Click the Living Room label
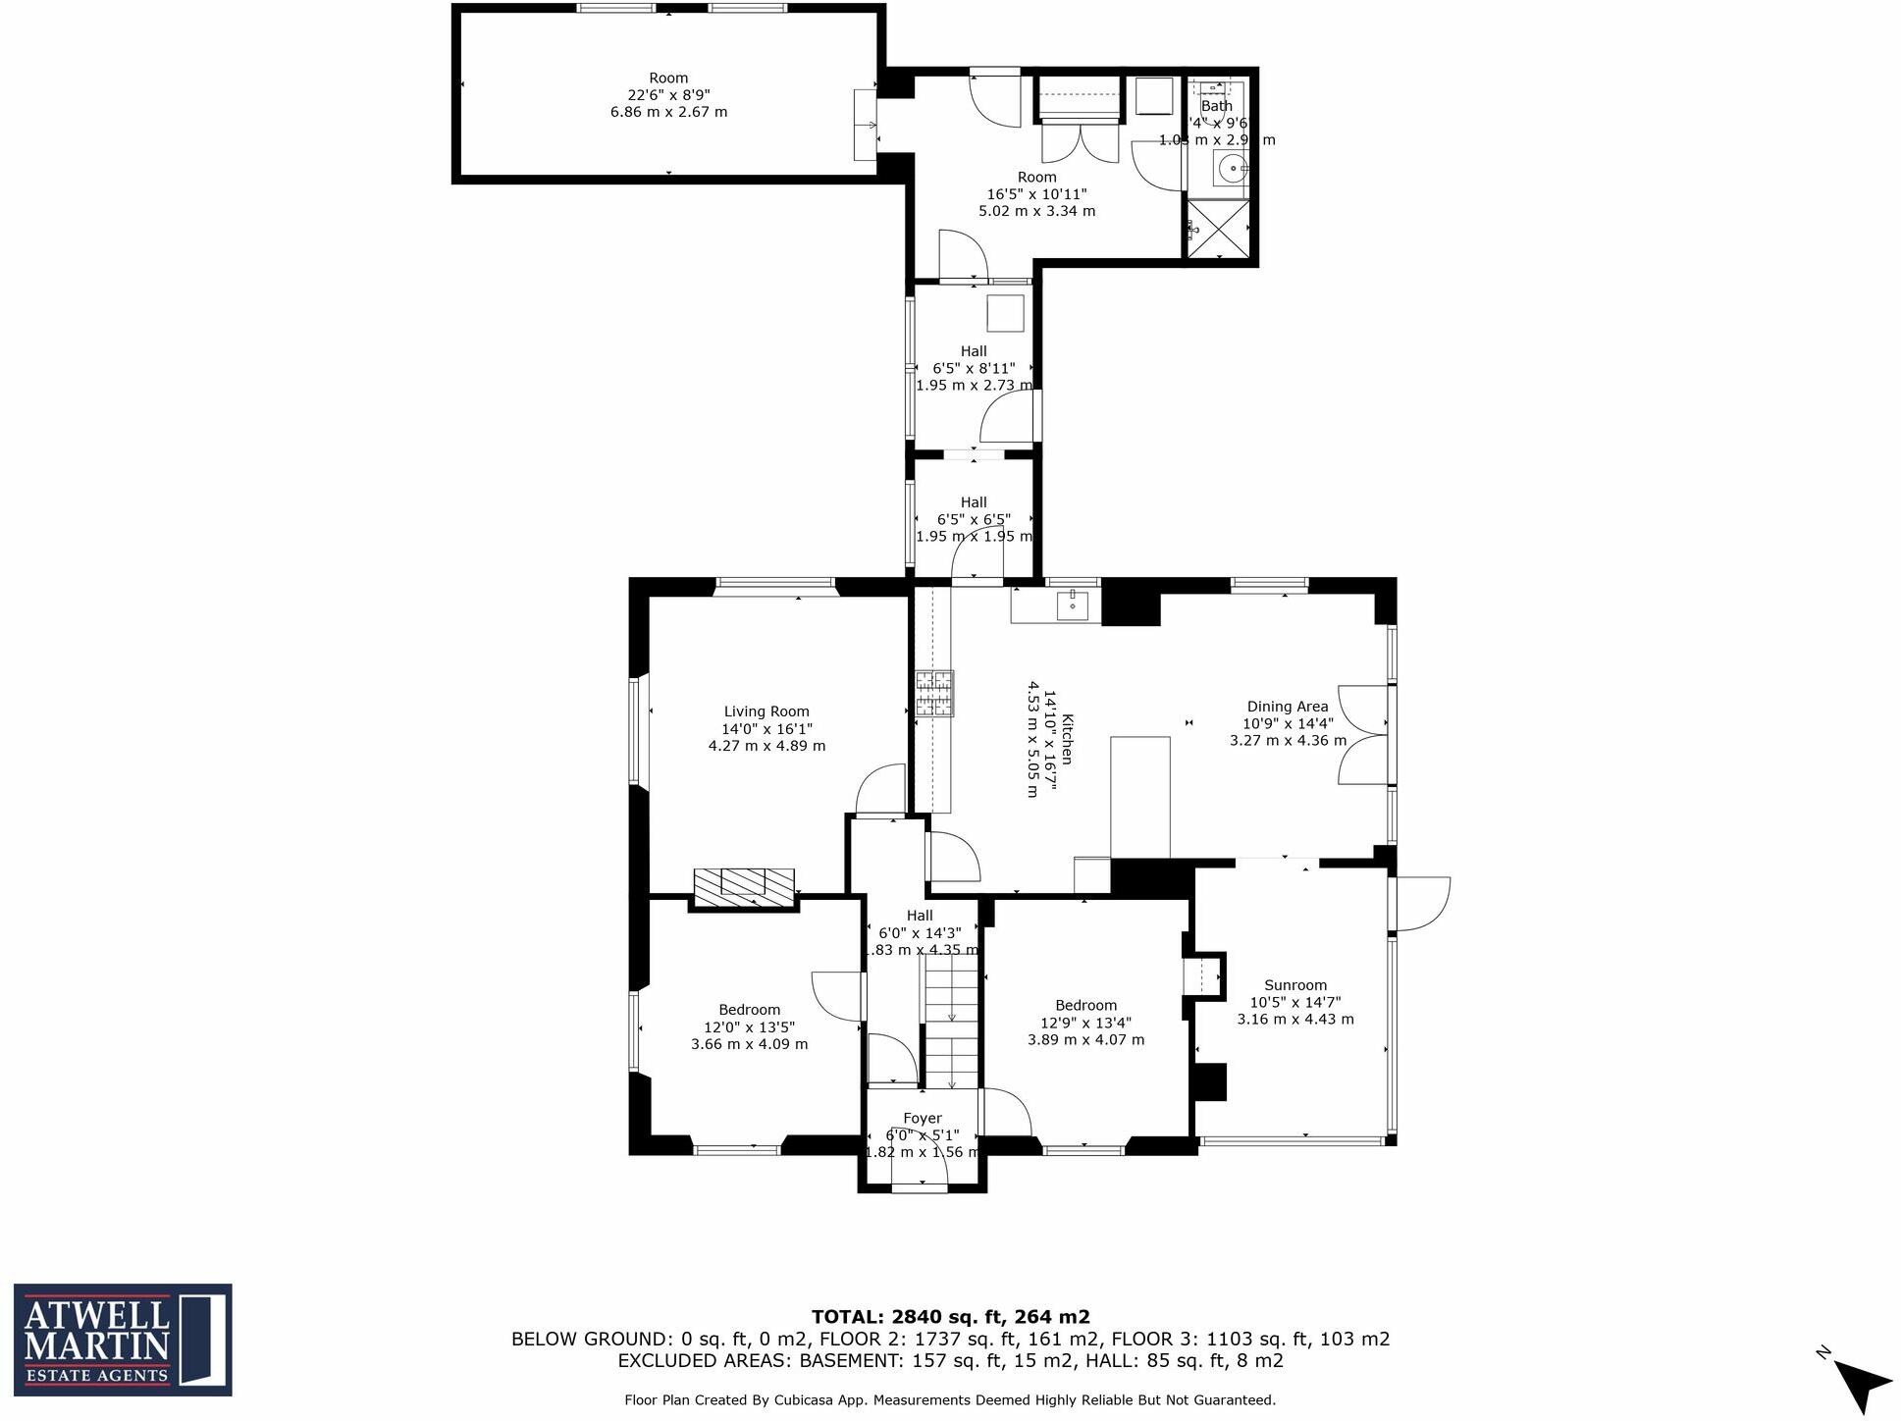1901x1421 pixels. click(x=766, y=711)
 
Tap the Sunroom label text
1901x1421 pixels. click(x=1294, y=985)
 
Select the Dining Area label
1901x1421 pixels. click(x=1287, y=707)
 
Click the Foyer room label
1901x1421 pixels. click(x=922, y=1118)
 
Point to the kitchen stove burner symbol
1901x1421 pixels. click(x=934, y=694)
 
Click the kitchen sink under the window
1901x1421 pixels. click(x=1072, y=605)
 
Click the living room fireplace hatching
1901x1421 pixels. click(x=743, y=886)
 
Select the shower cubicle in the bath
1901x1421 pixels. click(x=1219, y=229)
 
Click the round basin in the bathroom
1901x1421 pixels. click(x=1231, y=169)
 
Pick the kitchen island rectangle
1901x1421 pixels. click(x=1139, y=797)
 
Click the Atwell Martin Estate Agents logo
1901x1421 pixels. click(x=123, y=1339)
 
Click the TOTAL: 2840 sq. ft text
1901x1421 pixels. click(x=949, y=1317)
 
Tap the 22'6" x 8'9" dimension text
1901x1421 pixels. click(x=668, y=95)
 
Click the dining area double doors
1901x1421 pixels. click(x=1362, y=734)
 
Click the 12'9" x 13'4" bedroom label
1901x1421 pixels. click(x=1085, y=1023)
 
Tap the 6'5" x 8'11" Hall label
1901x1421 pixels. click(x=973, y=368)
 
